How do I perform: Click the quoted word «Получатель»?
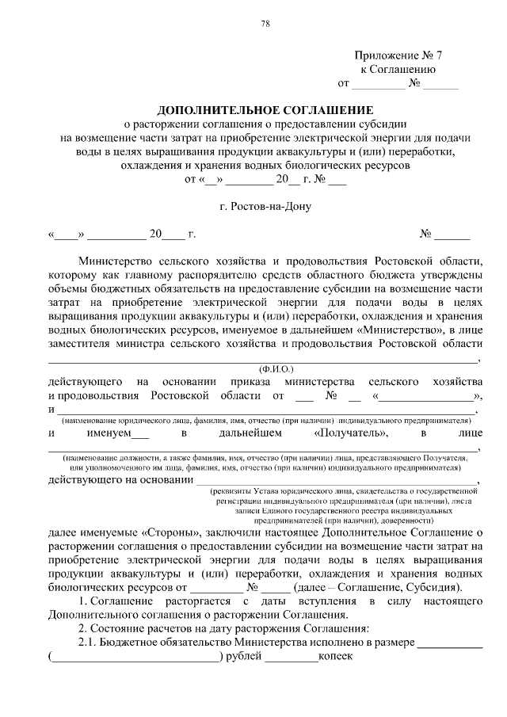click(x=351, y=433)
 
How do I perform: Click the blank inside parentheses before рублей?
click(x=135, y=657)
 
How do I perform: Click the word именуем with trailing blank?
click(x=112, y=433)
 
